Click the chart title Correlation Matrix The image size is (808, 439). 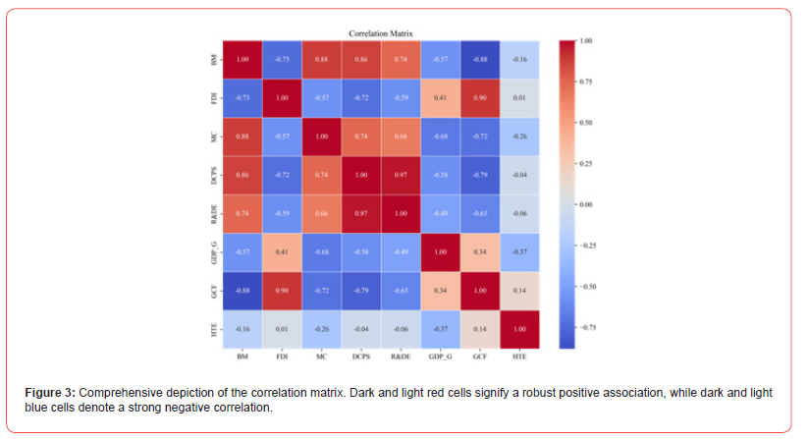pyautogui.click(x=381, y=34)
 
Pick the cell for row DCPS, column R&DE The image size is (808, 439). pyautogui.click(x=401, y=175)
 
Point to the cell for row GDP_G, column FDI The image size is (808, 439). pyautogui.click(x=282, y=251)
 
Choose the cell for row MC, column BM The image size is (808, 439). pyautogui.click(x=242, y=137)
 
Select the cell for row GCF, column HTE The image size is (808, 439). pyautogui.click(x=519, y=290)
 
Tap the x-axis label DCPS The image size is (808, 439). pyautogui.click(x=361, y=355)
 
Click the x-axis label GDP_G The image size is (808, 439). pyautogui.click(x=440, y=355)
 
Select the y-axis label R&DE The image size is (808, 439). pyautogui.click(x=215, y=213)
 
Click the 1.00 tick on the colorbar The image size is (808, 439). pyautogui.click(x=586, y=41)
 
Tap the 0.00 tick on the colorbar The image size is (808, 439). pyautogui.click(x=586, y=204)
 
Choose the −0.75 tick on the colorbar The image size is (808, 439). pyautogui.click(x=586, y=327)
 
